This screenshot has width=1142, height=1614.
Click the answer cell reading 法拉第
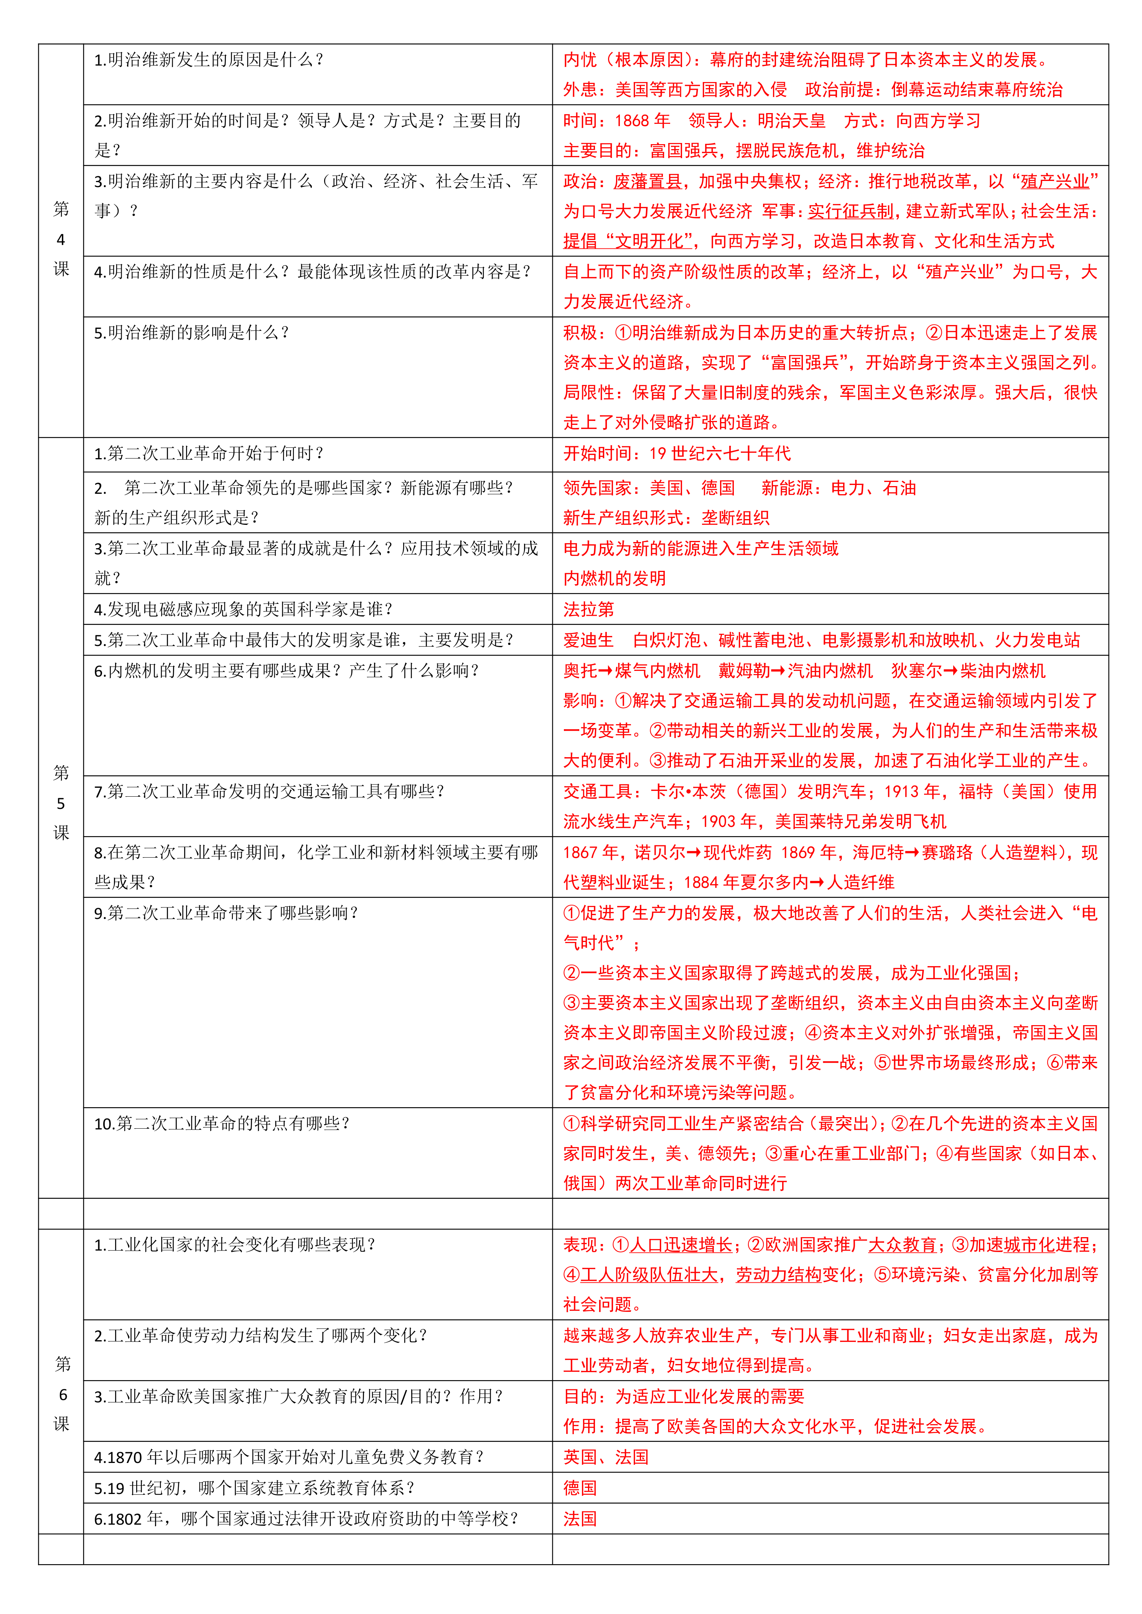coord(588,610)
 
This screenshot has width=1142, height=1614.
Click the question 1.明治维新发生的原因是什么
coord(208,60)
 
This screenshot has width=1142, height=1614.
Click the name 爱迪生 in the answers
coord(588,640)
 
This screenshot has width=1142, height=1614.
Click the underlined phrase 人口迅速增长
coord(681,1245)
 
